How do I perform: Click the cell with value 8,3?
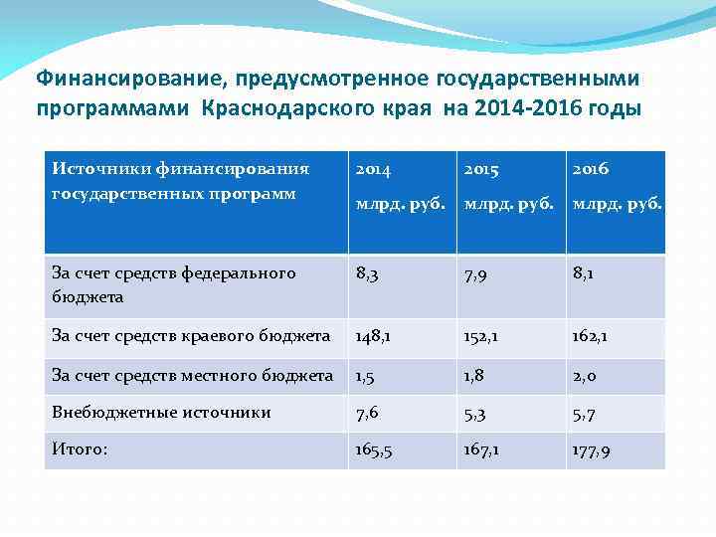368,273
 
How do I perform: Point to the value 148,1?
374,336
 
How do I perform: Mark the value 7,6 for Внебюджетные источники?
368,413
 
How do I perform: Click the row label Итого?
80,449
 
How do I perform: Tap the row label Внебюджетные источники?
161,412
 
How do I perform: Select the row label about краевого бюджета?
191,336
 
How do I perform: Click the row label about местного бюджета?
192,375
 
